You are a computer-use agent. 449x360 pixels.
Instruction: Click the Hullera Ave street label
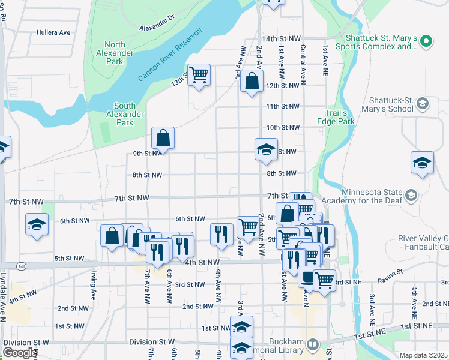pos(53,32)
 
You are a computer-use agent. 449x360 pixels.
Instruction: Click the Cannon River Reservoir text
pos(171,55)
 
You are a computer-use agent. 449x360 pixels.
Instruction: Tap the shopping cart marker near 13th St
pos(199,75)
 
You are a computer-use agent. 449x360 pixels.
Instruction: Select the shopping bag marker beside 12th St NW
pos(252,81)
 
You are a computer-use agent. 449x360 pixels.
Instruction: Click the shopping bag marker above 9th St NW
pos(163,138)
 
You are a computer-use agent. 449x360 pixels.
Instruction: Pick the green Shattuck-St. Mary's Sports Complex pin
pos(426,41)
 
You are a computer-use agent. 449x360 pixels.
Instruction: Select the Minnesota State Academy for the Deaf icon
pos(411,195)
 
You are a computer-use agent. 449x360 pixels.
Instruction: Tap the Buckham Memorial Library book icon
pos(312,344)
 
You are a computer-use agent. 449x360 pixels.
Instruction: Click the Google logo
pos(19,353)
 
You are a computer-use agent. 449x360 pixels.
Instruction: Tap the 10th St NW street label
pos(282,128)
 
